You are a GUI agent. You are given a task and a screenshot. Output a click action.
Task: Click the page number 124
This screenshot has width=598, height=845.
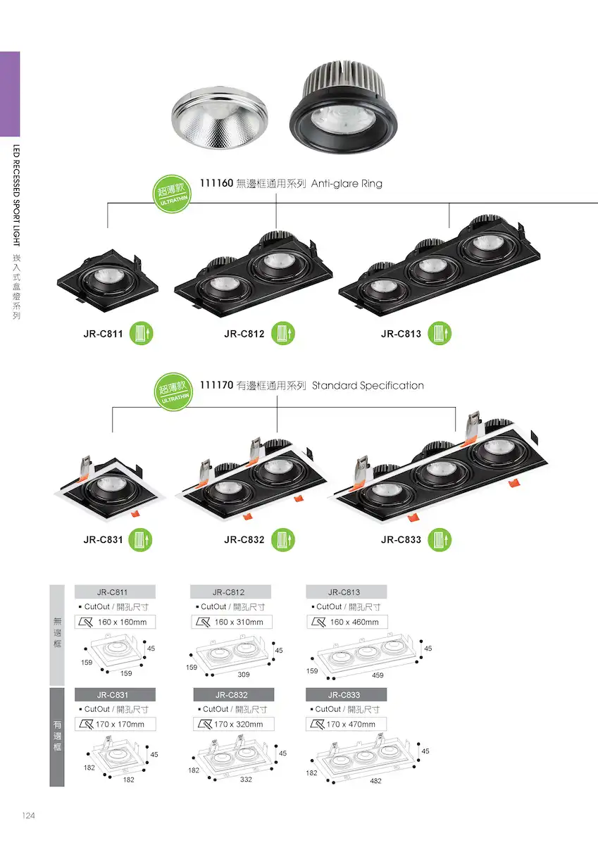point(28,815)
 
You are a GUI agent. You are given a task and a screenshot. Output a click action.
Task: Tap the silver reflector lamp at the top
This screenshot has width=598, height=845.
point(219,118)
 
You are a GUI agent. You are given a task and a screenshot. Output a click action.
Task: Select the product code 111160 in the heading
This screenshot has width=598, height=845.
point(216,183)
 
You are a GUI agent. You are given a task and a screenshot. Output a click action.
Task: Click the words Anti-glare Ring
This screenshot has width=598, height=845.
point(347,184)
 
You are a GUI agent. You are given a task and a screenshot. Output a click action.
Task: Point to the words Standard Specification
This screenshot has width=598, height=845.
point(368,386)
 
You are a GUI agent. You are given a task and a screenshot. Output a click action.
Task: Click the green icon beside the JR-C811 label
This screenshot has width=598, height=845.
point(141,334)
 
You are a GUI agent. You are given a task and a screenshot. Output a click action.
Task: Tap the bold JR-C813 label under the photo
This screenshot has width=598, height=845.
point(401,334)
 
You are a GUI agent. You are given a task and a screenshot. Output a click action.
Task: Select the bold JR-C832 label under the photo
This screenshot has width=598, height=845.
point(244,540)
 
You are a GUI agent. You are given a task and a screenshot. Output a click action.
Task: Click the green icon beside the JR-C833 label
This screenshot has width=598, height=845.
point(440,539)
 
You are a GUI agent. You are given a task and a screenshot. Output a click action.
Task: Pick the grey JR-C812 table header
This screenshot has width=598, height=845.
point(230,592)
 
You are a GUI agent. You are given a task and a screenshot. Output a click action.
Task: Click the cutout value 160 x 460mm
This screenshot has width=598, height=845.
point(354,622)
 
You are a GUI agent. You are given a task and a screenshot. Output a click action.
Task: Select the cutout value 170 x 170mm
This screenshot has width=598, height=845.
point(120,725)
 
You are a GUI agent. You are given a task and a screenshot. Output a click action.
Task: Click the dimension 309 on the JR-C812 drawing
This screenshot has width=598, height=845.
point(243,674)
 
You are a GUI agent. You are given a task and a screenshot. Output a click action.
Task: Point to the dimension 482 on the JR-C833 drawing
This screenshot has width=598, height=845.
point(375,781)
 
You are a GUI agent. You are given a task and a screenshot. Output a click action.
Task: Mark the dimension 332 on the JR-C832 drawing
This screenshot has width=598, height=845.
point(246,780)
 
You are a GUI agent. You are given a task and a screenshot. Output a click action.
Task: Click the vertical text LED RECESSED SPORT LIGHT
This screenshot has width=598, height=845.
point(16,195)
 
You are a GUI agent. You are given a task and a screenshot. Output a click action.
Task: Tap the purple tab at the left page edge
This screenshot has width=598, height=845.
point(10,94)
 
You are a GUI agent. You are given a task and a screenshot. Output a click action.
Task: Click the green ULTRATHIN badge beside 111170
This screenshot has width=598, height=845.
point(173,392)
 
